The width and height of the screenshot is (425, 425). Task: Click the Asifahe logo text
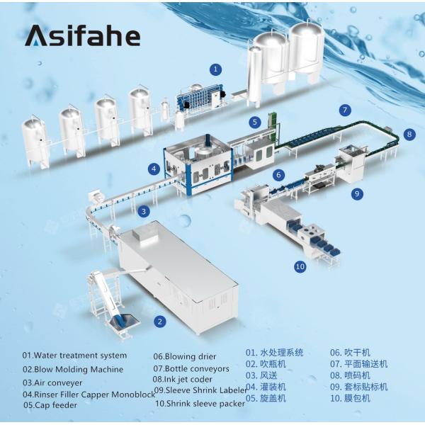pos(82,35)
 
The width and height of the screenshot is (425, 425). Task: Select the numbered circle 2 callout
pos(161,322)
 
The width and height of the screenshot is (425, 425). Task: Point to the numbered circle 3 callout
pos(144,210)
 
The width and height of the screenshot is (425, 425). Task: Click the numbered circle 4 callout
pos(154,169)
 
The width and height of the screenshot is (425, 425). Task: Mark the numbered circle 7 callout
pos(345,110)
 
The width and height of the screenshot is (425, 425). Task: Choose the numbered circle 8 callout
pos(410,133)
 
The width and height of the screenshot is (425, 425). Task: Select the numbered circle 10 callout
pos(300,267)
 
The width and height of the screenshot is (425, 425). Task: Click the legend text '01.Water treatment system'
pos(74,356)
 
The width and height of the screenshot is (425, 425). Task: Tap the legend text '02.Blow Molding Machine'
pos(72,369)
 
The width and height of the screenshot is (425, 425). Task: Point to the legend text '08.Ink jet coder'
pos(182,379)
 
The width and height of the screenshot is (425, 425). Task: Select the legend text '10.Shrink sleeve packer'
pos(200,403)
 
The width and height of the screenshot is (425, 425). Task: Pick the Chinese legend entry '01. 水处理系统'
pos(274,352)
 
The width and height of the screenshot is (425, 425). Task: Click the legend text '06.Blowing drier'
pos(185,356)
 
